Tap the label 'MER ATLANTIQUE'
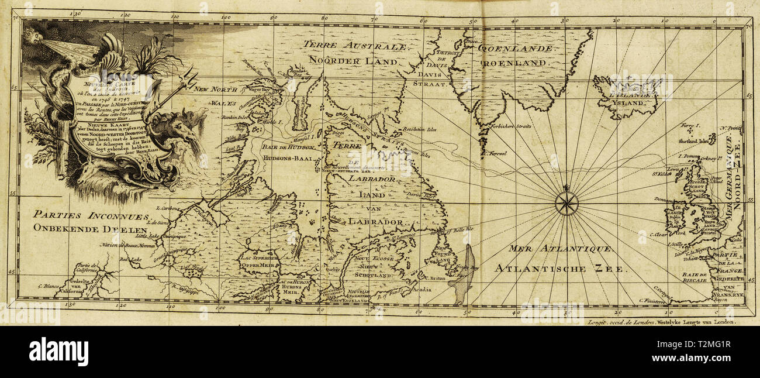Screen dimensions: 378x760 pyautogui.click(x=560, y=249)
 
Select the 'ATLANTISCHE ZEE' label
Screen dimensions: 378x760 pyautogui.click(x=559, y=269)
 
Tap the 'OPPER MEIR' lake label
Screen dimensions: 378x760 pyautogui.click(x=258, y=264)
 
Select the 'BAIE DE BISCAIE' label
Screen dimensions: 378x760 pyautogui.click(x=695, y=277)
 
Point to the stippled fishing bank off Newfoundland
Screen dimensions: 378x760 pyautogui.click(x=461, y=274)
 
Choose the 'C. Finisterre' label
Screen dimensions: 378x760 pyautogui.click(x=654, y=301)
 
